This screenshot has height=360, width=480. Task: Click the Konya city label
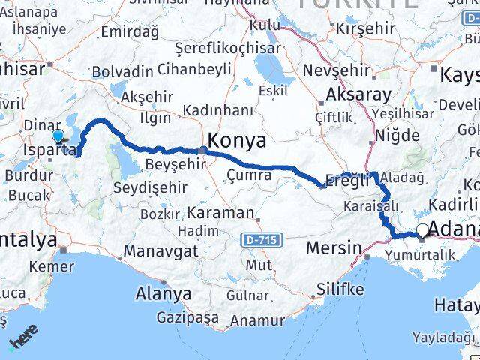[236, 140]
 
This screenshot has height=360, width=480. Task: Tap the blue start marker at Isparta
[58, 136]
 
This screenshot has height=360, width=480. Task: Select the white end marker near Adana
[423, 231]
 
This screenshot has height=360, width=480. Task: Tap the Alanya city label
[163, 293]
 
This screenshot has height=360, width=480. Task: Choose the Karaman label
[221, 212]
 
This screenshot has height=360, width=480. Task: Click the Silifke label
[340, 289]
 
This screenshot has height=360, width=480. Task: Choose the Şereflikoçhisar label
[211, 47]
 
